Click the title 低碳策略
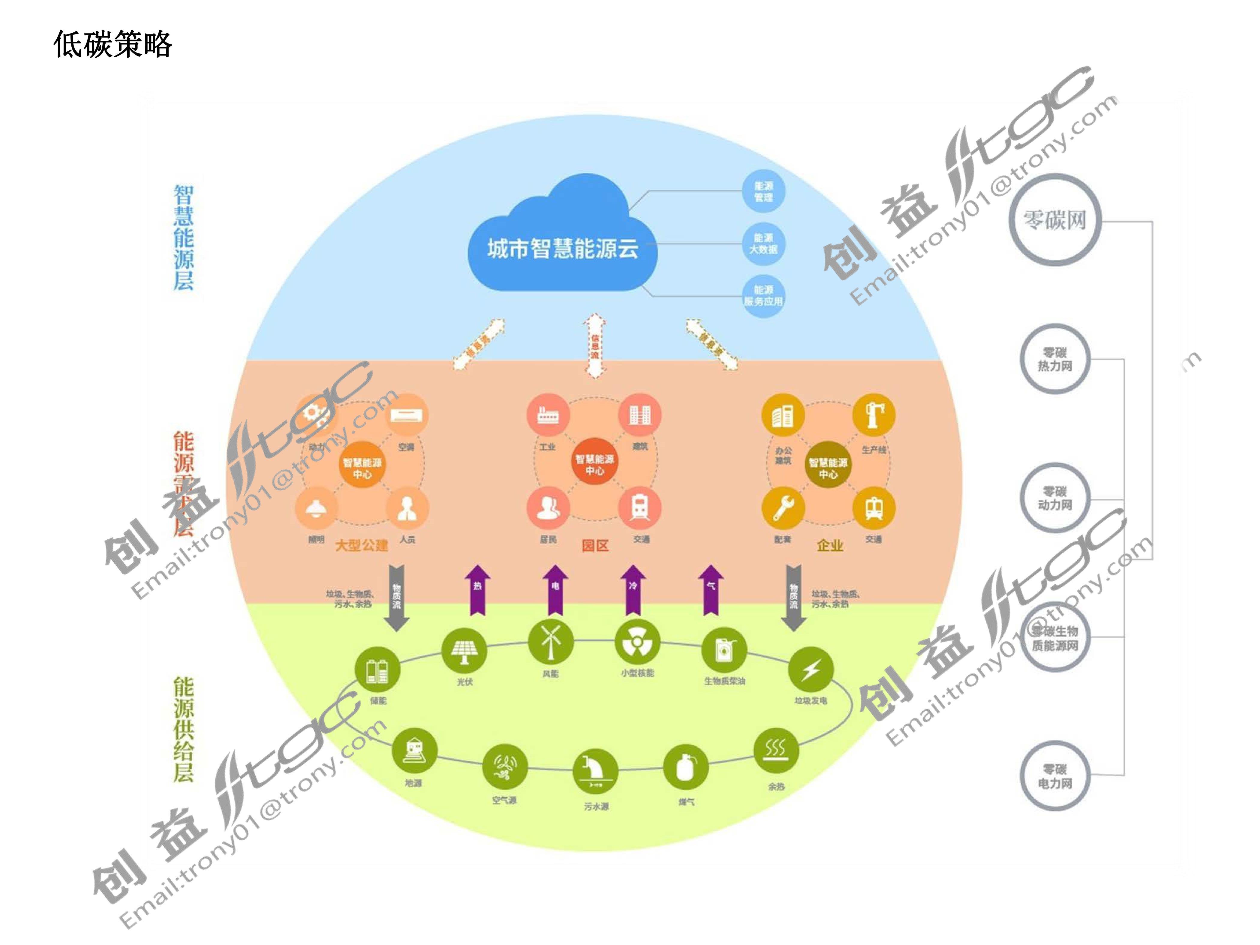pyautogui.click(x=113, y=44)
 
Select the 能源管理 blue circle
pyautogui.click(x=763, y=191)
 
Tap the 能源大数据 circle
pyautogui.click(x=763, y=244)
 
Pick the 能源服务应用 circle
pyautogui.click(x=763, y=295)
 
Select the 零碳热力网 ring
pyautogui.click(x=1055, y=359)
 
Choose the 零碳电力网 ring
pyautogui.click(x=1055, y=776)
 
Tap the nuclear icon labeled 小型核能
pyautogui.click(x=637, y=643)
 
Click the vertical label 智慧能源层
pyautogui.click(x=183, y=238)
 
